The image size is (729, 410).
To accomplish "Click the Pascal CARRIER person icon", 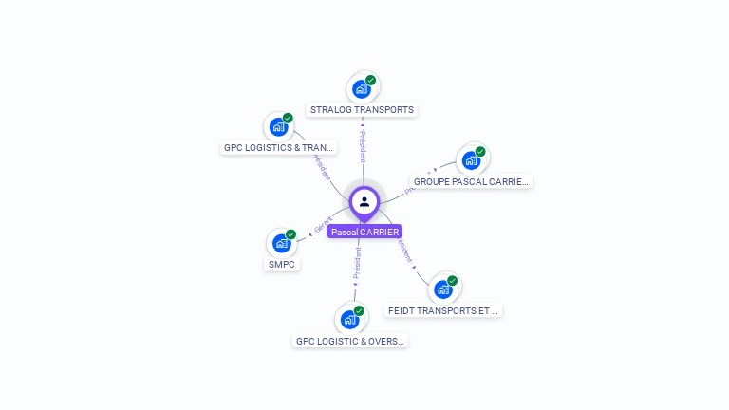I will (x=364, y=201).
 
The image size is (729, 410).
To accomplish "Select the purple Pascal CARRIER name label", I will (x=364, y=232).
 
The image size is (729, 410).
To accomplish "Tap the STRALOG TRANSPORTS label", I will (x=362, y=110).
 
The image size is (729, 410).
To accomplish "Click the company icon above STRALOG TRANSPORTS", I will (x=361, y=89).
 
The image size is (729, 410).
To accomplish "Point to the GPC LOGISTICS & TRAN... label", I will (x=279, y=148).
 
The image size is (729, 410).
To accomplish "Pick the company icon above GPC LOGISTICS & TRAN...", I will (x=278, y=127).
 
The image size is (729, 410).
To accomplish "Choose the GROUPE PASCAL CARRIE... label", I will (x=471, y=181).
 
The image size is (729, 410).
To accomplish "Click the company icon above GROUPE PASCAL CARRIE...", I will (x=471, y=160).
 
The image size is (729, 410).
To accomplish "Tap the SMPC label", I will (x=282, y=265).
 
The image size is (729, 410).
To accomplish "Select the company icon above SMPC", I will (x=281, y=243).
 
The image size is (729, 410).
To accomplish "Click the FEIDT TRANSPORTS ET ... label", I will (x=443, y=310).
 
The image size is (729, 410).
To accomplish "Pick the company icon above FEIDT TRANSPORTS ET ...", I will (x=443, y=289).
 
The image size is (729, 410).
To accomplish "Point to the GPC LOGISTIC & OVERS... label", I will (x=349, y=341).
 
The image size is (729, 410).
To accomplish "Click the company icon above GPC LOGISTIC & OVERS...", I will (x=349, y=320).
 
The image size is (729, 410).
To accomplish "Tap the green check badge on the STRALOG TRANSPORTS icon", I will (x=371, y=81).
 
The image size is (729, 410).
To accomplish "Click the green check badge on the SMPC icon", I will (x=291, y=234).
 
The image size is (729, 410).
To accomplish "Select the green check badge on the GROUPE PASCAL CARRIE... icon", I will (x=480, y=152).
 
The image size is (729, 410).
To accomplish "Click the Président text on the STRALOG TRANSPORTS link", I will (x=362, y=146).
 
